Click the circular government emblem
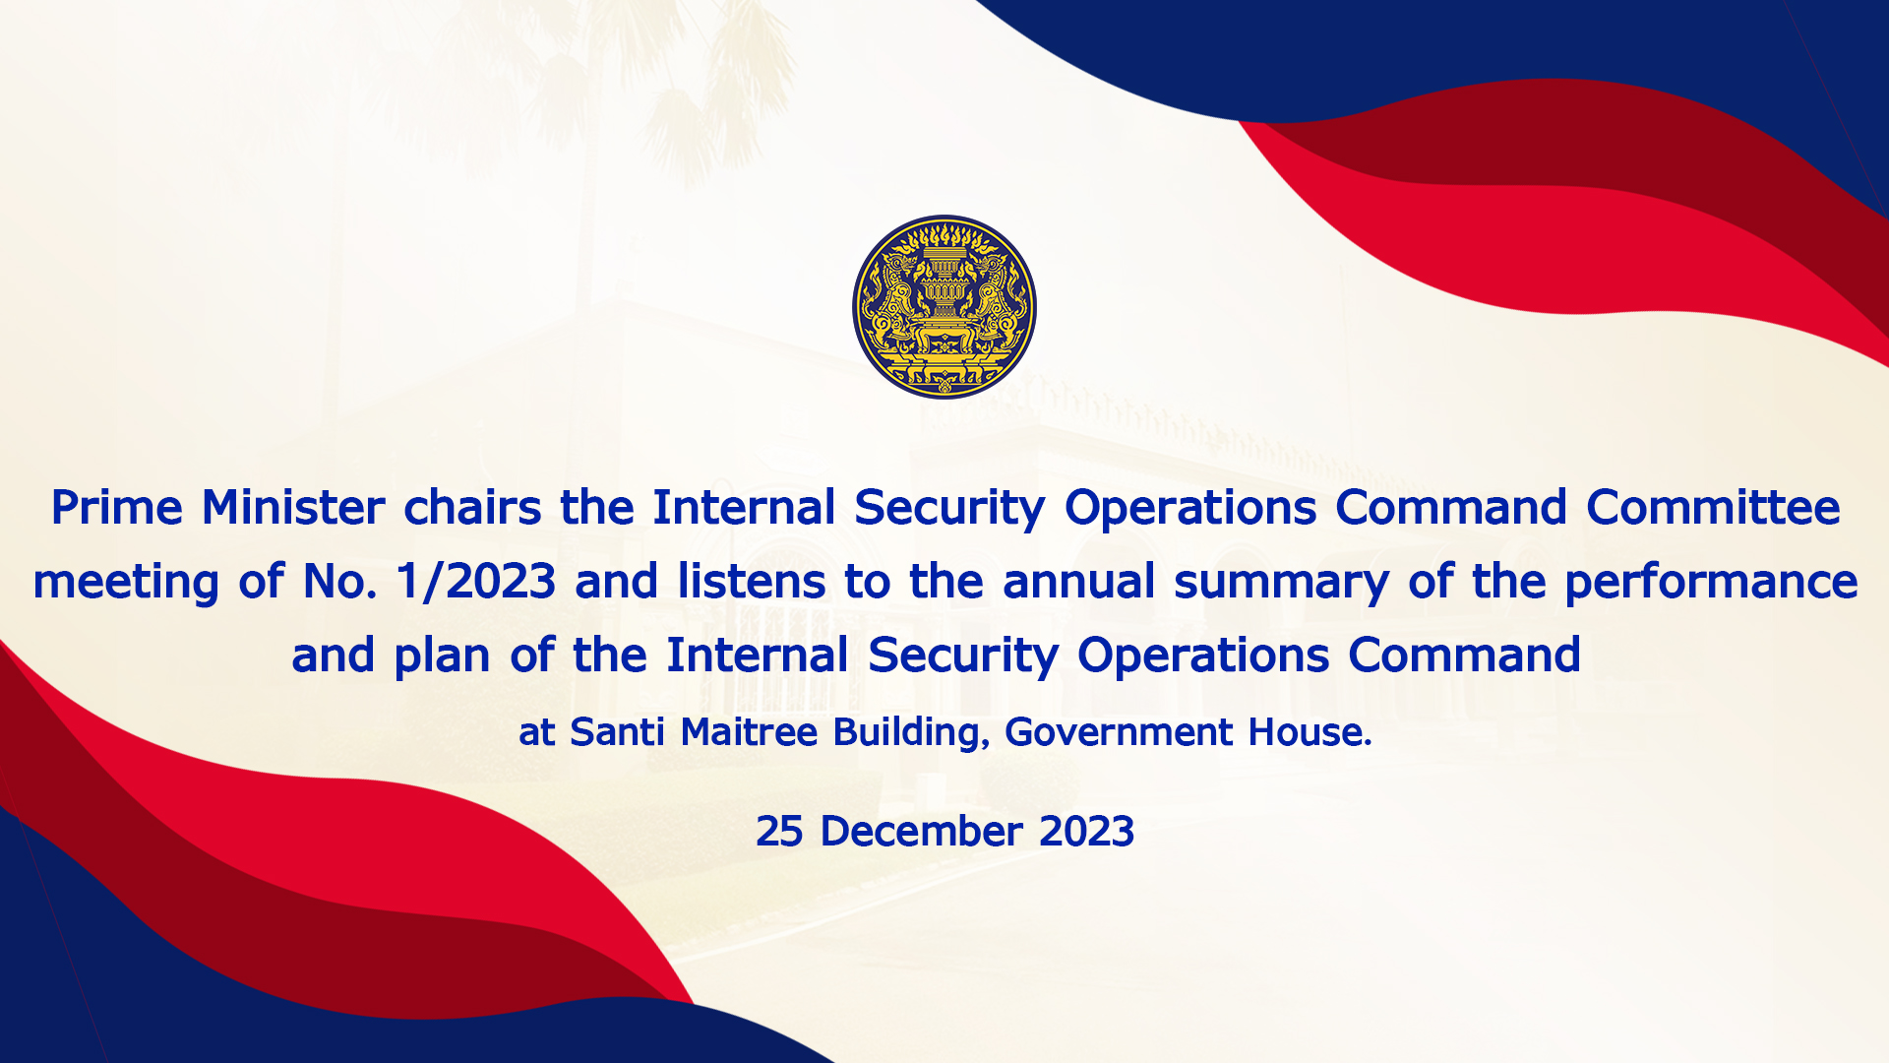[x=944, y=307]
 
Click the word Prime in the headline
[x=117, y=508]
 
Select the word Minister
[x=293, y=508]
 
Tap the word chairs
[x=472, y=508]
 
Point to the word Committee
[x=1713, y=508]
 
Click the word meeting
[x=125, y=583]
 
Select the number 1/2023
[x=475, y=582]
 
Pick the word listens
[x=752, y=582]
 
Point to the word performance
[x=1711, y=583]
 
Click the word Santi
[x=617, y=732]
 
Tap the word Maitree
[x=749, y=732]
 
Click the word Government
[x=1119, y=732]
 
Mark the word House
[x=1310, y=732]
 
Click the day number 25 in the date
[x=779, y=832]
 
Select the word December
[x=921, y=832]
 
